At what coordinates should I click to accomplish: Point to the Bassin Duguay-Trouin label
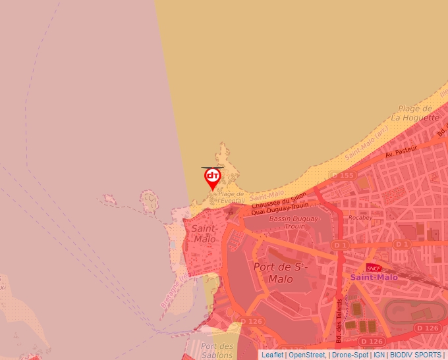click(x=294, y=222)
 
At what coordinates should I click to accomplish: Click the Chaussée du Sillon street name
click(x=279, y=205)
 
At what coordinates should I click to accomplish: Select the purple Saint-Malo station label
click(x=374, y=277)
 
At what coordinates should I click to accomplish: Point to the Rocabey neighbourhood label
click(x=360, y=217)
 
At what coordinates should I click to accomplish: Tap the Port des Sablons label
click(x=217, y=351)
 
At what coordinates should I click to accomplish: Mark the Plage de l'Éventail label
click(x=231, y=197)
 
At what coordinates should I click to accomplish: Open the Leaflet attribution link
click(x=272, y=355)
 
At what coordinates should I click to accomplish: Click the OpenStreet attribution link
click(x=306, y=355)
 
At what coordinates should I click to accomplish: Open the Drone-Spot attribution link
click(x=350, y=355)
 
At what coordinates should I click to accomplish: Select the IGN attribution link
click(x=379, y=355)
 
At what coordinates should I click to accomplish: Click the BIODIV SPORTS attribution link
click(x=415, y=355)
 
